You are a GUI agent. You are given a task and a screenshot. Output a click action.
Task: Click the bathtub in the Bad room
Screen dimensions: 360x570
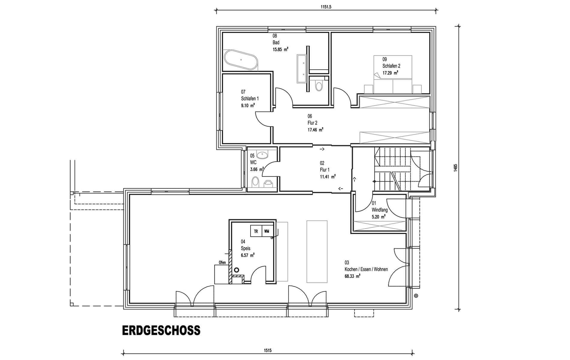pos(241,60)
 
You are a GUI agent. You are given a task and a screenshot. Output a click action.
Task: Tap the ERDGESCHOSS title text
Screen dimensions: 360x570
pos(161,330)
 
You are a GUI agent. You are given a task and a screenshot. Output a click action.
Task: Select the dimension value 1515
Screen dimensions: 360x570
pos(268,350)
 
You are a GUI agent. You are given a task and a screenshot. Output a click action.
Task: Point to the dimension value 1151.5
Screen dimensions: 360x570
pos(326,7)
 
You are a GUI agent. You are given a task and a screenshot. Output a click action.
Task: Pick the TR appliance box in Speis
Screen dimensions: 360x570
pos(256,231)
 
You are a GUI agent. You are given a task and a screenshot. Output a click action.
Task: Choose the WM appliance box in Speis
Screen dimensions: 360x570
pos(267,231)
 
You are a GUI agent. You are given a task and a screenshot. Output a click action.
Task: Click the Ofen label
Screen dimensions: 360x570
pos(222,263)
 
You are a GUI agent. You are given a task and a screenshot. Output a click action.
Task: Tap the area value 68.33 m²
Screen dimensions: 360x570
pos(353,276)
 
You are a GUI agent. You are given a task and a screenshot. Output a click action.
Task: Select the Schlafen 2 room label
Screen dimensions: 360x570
pos(391,66)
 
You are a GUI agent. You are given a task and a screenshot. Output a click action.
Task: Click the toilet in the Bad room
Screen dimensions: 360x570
pos(319,86)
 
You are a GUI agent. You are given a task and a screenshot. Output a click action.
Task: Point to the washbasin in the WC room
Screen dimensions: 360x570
pos(262,154)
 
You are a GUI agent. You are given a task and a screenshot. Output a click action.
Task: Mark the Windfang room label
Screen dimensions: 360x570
pos(379,210)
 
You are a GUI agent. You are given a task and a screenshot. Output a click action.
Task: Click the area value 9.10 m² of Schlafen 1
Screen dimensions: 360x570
pos(248,105)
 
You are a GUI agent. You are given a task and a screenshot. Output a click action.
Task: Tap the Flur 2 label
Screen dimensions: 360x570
pos(312,123)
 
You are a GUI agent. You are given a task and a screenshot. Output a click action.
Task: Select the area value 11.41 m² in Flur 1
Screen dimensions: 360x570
pos(327,177)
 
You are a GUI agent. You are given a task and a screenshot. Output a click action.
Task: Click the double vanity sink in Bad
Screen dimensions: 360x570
pos(302,69)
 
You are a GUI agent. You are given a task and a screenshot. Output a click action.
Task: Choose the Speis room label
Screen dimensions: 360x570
pos(246,248)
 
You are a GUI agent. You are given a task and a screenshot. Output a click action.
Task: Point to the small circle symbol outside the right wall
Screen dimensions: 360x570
pos(416,296)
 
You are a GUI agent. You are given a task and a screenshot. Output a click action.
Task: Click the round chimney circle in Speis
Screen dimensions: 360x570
pos(237,270)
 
